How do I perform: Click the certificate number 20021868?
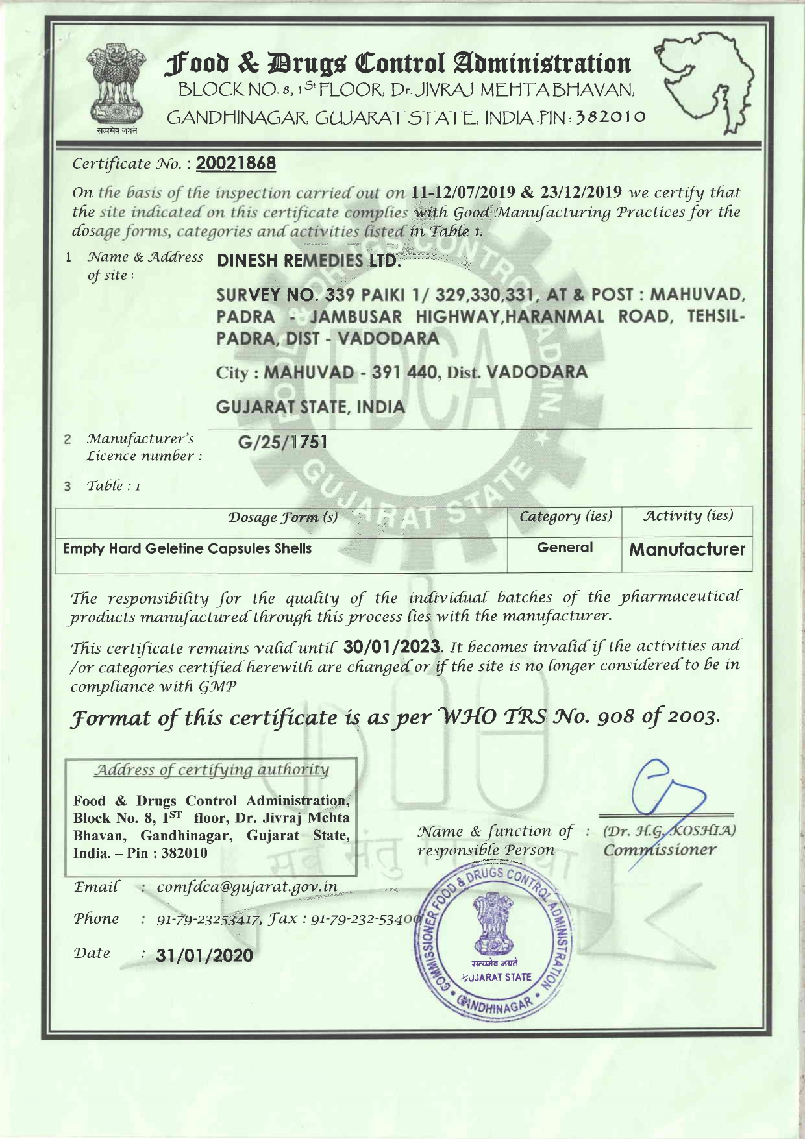pyautogui.click(x=236, y=163)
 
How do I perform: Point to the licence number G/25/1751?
pyautogui.click(x=283, y=443)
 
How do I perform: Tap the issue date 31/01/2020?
pyautogui.click(x=204, y=955)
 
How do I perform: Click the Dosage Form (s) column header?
pyautogui.click(x=282, y=518)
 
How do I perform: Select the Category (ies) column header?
pyautogui.click(x=565, y=517)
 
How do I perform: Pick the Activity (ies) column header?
pyautogui.click(x=687, y=516)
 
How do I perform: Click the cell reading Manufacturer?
pyautogui.click(x=687, y=550)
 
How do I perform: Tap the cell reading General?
pyautogui.click(x=565, y=548)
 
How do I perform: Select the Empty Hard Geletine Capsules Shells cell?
pyautogui.click(x=188, y=549)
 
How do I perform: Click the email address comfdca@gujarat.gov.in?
pyautogui.click(x=247, y=887)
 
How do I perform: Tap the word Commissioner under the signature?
pyautogui.click(x=660, y=850)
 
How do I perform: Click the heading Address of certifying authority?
pyautogui.click(x=212, y=770)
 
